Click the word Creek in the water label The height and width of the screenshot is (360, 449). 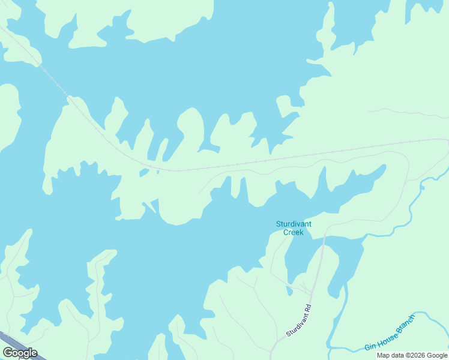(294, 232)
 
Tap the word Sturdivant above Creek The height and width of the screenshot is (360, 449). (294, 224)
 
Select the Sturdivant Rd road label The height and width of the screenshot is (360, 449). (299, 320)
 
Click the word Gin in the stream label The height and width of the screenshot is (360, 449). (370, 346)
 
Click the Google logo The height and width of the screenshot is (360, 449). (20, 353)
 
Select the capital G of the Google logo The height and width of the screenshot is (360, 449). (7, 353)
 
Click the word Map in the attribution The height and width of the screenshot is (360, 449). (383, 355)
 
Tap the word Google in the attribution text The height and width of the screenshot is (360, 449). (437, 355)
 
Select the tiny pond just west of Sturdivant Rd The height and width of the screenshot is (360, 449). (289, 292)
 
